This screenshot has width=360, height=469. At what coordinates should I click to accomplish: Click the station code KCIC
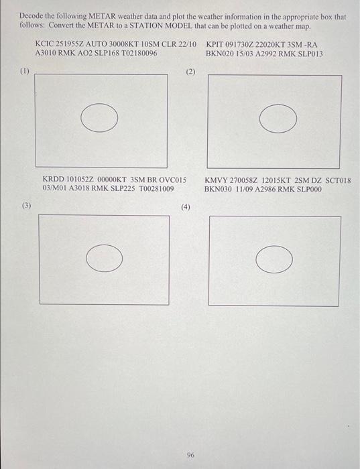point(44,44)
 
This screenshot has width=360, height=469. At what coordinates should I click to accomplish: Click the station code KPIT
point(215,45)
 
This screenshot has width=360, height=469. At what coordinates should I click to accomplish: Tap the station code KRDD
point(53,180)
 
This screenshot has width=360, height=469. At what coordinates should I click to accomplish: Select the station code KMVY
point(215,181)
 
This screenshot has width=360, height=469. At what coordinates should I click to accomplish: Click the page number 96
point(190,455)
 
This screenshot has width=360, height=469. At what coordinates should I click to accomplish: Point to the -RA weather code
point(310,45)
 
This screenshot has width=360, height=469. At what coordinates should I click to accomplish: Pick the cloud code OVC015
point(173,180)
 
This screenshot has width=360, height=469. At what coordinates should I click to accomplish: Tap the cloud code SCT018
point(338,181)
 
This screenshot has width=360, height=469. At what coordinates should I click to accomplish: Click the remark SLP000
point(309,190)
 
